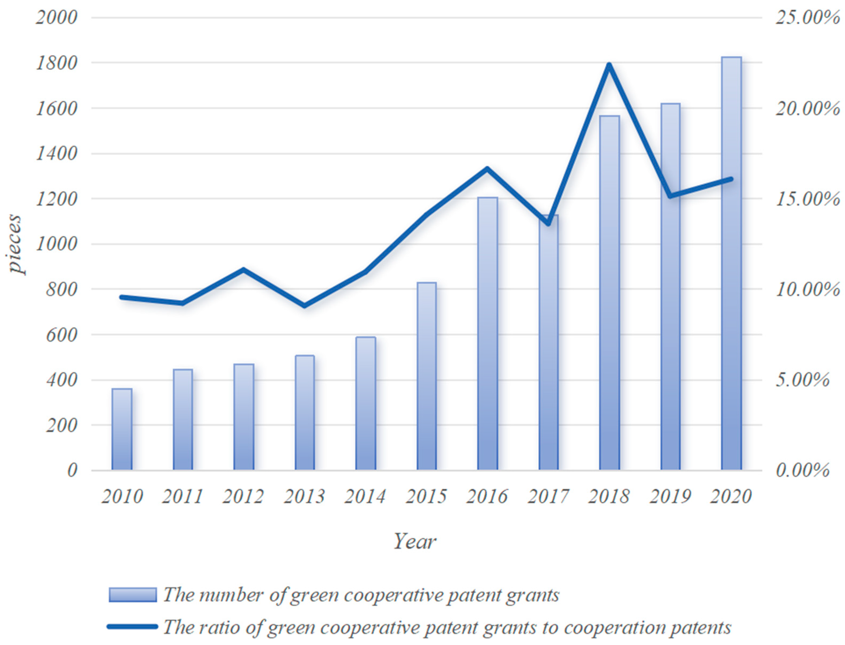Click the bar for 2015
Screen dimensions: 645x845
click(x=427, y=376)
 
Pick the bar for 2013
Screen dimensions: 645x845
click(x=305, y=413)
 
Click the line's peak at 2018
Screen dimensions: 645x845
click(x=609, y=65)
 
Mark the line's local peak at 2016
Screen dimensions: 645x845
click(x=487, y=168)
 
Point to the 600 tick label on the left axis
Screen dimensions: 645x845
click(x=61, y=335)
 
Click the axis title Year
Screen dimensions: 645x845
click(x=415, y=542)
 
